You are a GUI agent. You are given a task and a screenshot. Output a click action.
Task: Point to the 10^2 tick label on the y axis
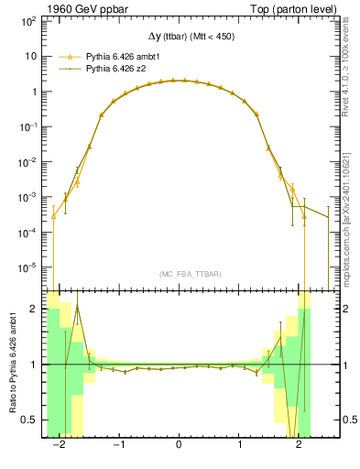coord(30,20)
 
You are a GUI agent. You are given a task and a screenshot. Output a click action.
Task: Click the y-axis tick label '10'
coord(32,56)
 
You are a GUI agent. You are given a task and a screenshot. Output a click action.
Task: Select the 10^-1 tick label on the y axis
coord(30,126)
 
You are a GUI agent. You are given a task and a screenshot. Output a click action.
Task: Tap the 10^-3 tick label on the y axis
coord(30,197)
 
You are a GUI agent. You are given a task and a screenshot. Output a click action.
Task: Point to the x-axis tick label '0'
coord(180,442)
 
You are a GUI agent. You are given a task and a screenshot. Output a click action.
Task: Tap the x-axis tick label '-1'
coord(118,442)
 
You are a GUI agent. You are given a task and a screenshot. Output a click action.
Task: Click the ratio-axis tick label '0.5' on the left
coord(27,420)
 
